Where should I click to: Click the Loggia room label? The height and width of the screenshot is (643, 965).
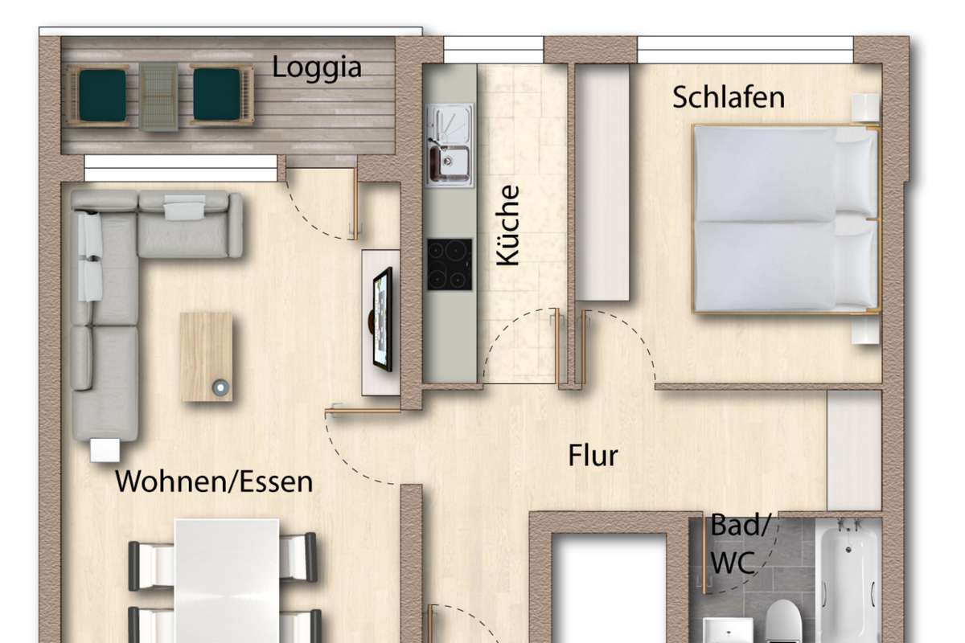[317, 69]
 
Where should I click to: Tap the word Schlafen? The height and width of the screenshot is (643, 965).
[729, 97]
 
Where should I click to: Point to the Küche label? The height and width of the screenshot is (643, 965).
[507, 225]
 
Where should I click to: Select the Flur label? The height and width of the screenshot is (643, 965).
[593, 455]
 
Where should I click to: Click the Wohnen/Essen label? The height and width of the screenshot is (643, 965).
[214, 481]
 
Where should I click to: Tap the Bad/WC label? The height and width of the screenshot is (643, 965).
[739, 543]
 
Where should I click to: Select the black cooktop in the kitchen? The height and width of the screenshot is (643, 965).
[450, 264]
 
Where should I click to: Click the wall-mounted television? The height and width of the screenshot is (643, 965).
[382, 319]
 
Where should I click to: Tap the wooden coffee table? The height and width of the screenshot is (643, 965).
[207, 357]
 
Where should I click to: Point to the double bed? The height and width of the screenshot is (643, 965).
[786, 219]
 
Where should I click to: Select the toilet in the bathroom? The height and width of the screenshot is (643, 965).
[783, 621]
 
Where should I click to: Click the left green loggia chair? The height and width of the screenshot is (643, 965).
[102, 95]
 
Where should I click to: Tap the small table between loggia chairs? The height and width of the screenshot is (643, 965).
[158, 96]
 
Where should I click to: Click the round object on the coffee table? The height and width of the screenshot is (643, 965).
[220, 387]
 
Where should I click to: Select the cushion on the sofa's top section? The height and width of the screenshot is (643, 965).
[185, 207]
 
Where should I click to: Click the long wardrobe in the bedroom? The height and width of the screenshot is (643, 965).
[602, 182]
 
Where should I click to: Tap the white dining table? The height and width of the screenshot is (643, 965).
[227, 581]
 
